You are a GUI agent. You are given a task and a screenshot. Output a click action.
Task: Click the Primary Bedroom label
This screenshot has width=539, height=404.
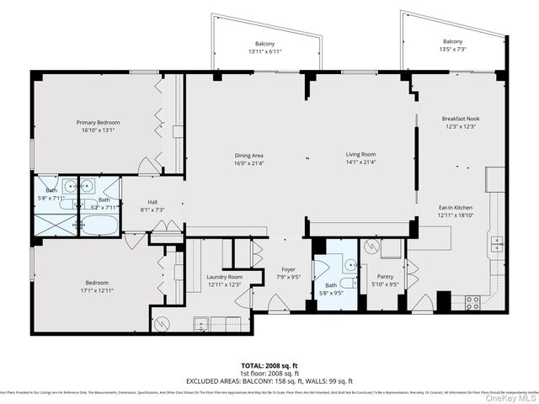coord(96,123)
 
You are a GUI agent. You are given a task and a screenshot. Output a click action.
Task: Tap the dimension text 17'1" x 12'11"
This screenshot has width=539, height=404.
coord(96,290)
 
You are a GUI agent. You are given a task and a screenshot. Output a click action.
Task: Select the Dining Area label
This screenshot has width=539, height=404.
coord(249,155)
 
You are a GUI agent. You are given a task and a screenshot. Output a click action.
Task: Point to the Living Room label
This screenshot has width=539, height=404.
coord(360,155)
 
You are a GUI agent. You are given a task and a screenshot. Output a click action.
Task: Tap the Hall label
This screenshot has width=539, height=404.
coord(152,202)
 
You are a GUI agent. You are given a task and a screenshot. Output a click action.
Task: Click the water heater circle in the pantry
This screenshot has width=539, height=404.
coord(371,247)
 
